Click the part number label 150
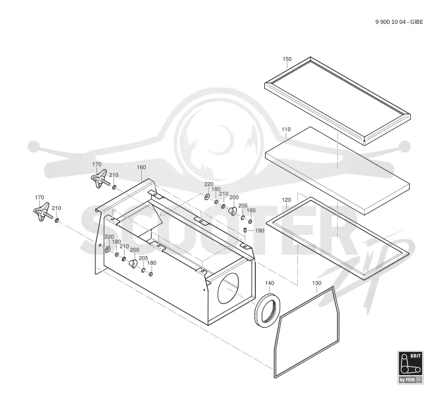pyautogui.click(x=287, y=59)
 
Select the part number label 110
pyautogui.click(x=286, y=129)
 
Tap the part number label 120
pyautogui.click(x=286, y=200)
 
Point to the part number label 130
pyautogui.click(x=317, y=283)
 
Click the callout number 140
pyautogui.click(x=270, y=283)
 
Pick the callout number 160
pyautogui.click(x=141, y=167)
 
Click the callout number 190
pyautogui.click(x=260, y=231)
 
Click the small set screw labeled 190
pyautogui.click(x=245, y=230)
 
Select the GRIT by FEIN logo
pyautogui.click(x=410, y=367)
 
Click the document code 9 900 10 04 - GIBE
pyautogui.click(x=399, y=22)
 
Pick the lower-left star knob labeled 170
pyautogui.click(x=43, y=212)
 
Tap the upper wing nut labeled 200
pyautogui.click(x=233, y=211)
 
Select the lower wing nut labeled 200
pyautogui.click(x=133, y=264)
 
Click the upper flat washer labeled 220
pyautogui.click(x=207, y=197)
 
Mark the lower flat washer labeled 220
pyautogui.click(x=107, y=249)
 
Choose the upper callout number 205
pyautogui.click(x=243, y=206)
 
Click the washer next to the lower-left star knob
pyautogui.click(x=57, y=220)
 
